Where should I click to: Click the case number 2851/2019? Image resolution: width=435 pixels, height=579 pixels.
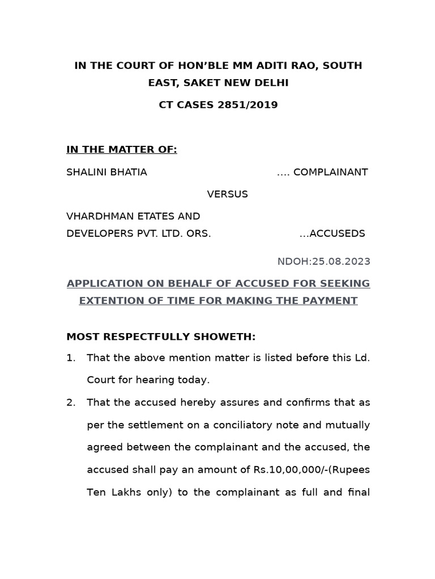[x=248, y=105]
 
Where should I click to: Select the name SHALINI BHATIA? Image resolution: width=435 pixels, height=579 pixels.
[x=106, y=172]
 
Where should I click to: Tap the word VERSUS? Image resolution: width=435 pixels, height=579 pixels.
[x=227, y=194]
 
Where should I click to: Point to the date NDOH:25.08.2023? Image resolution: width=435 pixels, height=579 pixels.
[x=323, y=261]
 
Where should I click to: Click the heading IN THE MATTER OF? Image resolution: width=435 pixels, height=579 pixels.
[x=121, y=149]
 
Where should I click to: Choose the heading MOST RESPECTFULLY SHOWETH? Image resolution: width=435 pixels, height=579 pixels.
[x=161, y=337]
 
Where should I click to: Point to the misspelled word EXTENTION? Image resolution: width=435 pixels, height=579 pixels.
[x=111, y=301]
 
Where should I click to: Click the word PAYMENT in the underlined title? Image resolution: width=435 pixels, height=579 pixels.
[x=331, y=301]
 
